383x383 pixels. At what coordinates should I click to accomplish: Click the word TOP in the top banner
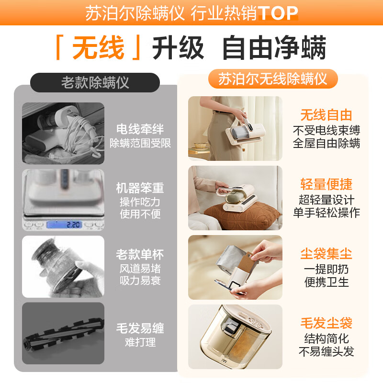click(x=278, y=13)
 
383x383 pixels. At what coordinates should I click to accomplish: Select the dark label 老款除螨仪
click(x=95, y=82)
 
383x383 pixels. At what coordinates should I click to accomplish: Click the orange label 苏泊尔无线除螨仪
click(x=273, y=79)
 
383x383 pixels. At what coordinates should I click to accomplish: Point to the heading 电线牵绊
click(x=140, y=129)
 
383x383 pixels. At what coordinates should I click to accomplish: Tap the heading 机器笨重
click(x=140, y=187)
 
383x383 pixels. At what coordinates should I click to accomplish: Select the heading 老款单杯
click(x=140, y=254)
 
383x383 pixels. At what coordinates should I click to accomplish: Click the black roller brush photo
click(x=63, y=332)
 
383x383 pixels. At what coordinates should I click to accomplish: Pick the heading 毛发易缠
click(x=140, y=328)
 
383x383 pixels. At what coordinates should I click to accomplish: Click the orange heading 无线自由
click(x=326, y=115)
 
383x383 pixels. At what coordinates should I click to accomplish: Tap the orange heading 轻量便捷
click(x=326, y=185)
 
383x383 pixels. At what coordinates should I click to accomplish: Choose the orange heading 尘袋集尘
click(x=326, y=254)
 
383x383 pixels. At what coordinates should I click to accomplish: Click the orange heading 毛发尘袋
click(x=326, y=324)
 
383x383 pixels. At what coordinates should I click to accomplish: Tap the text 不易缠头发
click(x=326, y=352)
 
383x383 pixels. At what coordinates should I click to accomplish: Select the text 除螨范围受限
click(x=140, y=143)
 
